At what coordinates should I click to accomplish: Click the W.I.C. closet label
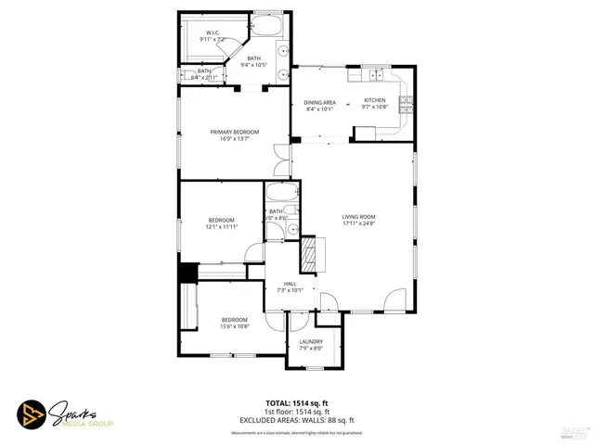pos(213,32)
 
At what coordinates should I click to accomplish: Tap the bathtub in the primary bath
pos(270,25)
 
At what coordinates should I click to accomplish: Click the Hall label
pos(290,284)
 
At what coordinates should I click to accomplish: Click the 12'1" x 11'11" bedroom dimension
pos(222,226)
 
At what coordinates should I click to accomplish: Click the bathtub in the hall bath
pos(279,194)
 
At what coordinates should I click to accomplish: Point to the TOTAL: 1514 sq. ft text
pos(296,402)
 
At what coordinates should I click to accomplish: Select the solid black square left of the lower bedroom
pos(188,273)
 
